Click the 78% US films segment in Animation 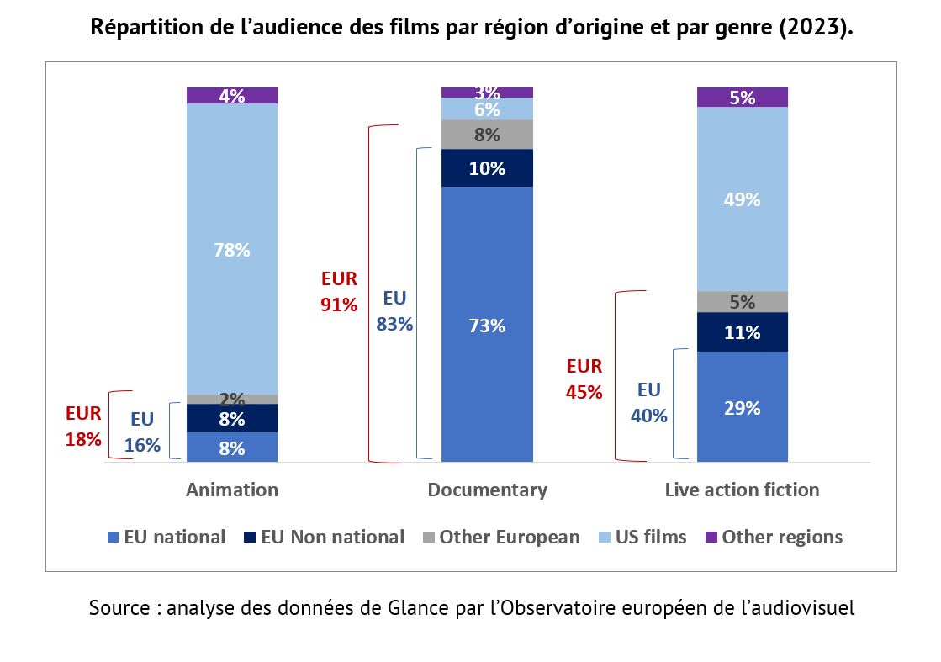232,249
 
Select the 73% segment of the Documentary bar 487,325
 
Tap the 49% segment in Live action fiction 743,199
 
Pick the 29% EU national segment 743,407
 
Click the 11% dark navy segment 743,332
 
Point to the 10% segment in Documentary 487,168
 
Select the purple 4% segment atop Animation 232,95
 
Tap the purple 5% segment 743,97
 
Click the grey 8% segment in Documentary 487,135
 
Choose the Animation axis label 232,490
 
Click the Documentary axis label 487,490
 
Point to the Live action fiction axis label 742,490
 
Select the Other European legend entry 509,538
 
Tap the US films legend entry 649,538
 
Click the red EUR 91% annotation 339,292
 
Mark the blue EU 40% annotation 649,402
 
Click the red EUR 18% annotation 83,426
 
